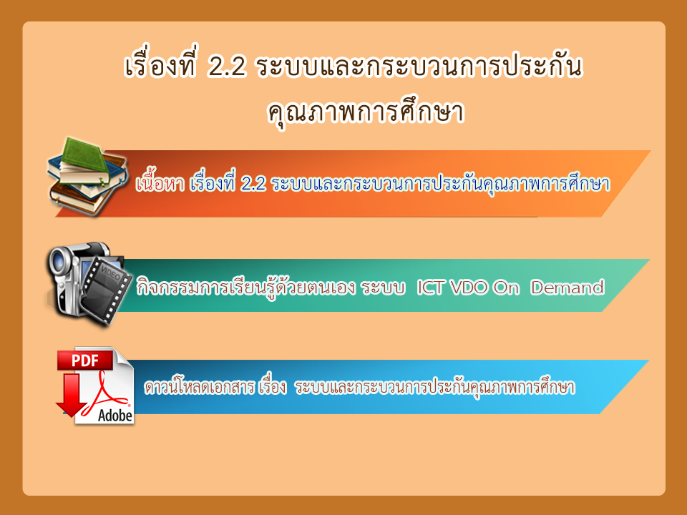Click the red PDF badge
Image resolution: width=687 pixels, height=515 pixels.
(x=85, y=360)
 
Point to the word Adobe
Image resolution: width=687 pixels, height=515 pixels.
(x=114, y=415)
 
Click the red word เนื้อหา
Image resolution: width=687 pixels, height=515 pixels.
(x=160, y=184)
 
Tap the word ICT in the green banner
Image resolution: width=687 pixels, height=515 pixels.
(x=431, y=288)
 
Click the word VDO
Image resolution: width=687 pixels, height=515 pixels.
(x=468, y=288)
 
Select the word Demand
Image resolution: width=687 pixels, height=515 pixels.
(x=567, y=288)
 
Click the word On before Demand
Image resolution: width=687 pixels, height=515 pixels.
(x=506, y=288)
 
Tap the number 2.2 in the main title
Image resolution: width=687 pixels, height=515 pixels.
(x=226, y=67)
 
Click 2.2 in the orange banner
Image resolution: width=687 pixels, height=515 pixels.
(x=253, y=184)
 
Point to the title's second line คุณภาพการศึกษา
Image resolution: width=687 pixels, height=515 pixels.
(x=366, y=112)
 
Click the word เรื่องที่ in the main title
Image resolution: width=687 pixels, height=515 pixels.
(x=160, y=65)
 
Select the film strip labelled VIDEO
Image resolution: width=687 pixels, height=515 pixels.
(x=105, y=289)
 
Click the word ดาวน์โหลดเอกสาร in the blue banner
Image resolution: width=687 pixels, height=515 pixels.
(x=200, y=387)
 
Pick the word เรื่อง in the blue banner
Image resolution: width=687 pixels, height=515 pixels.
(x=273, y=386)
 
